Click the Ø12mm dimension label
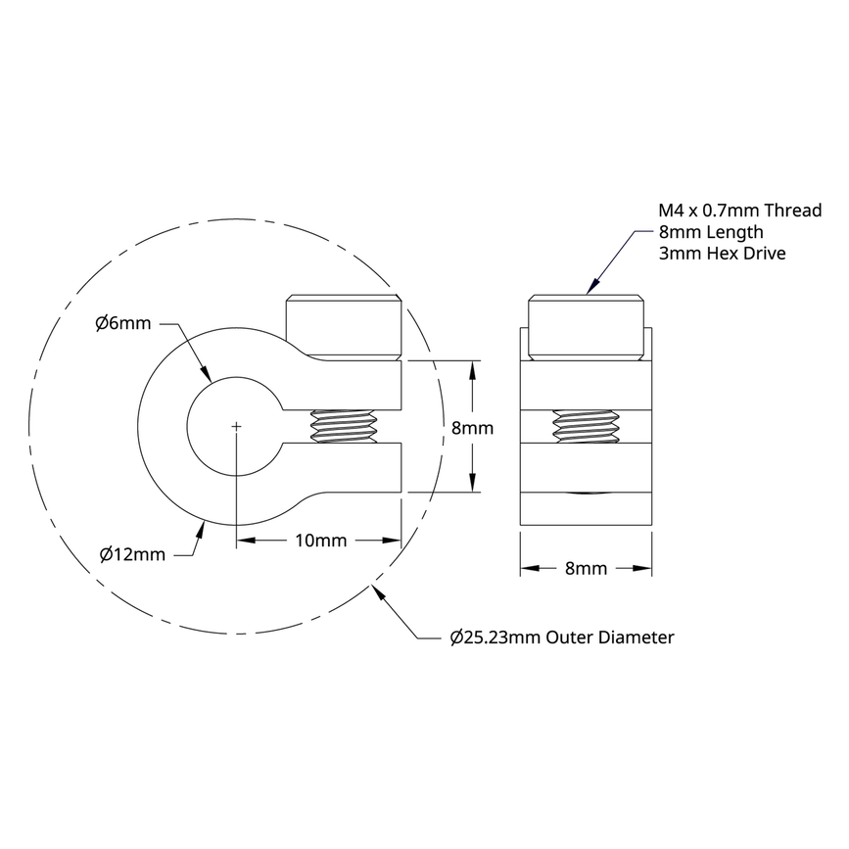point(132,554)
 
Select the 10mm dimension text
point(319,541)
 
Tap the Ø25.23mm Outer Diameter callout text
point(562,637)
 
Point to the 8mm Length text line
point(710,232)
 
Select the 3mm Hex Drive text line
point(723,254)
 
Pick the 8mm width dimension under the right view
point(586,568)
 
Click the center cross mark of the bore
point(236,426)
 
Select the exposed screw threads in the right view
point(586,427)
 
